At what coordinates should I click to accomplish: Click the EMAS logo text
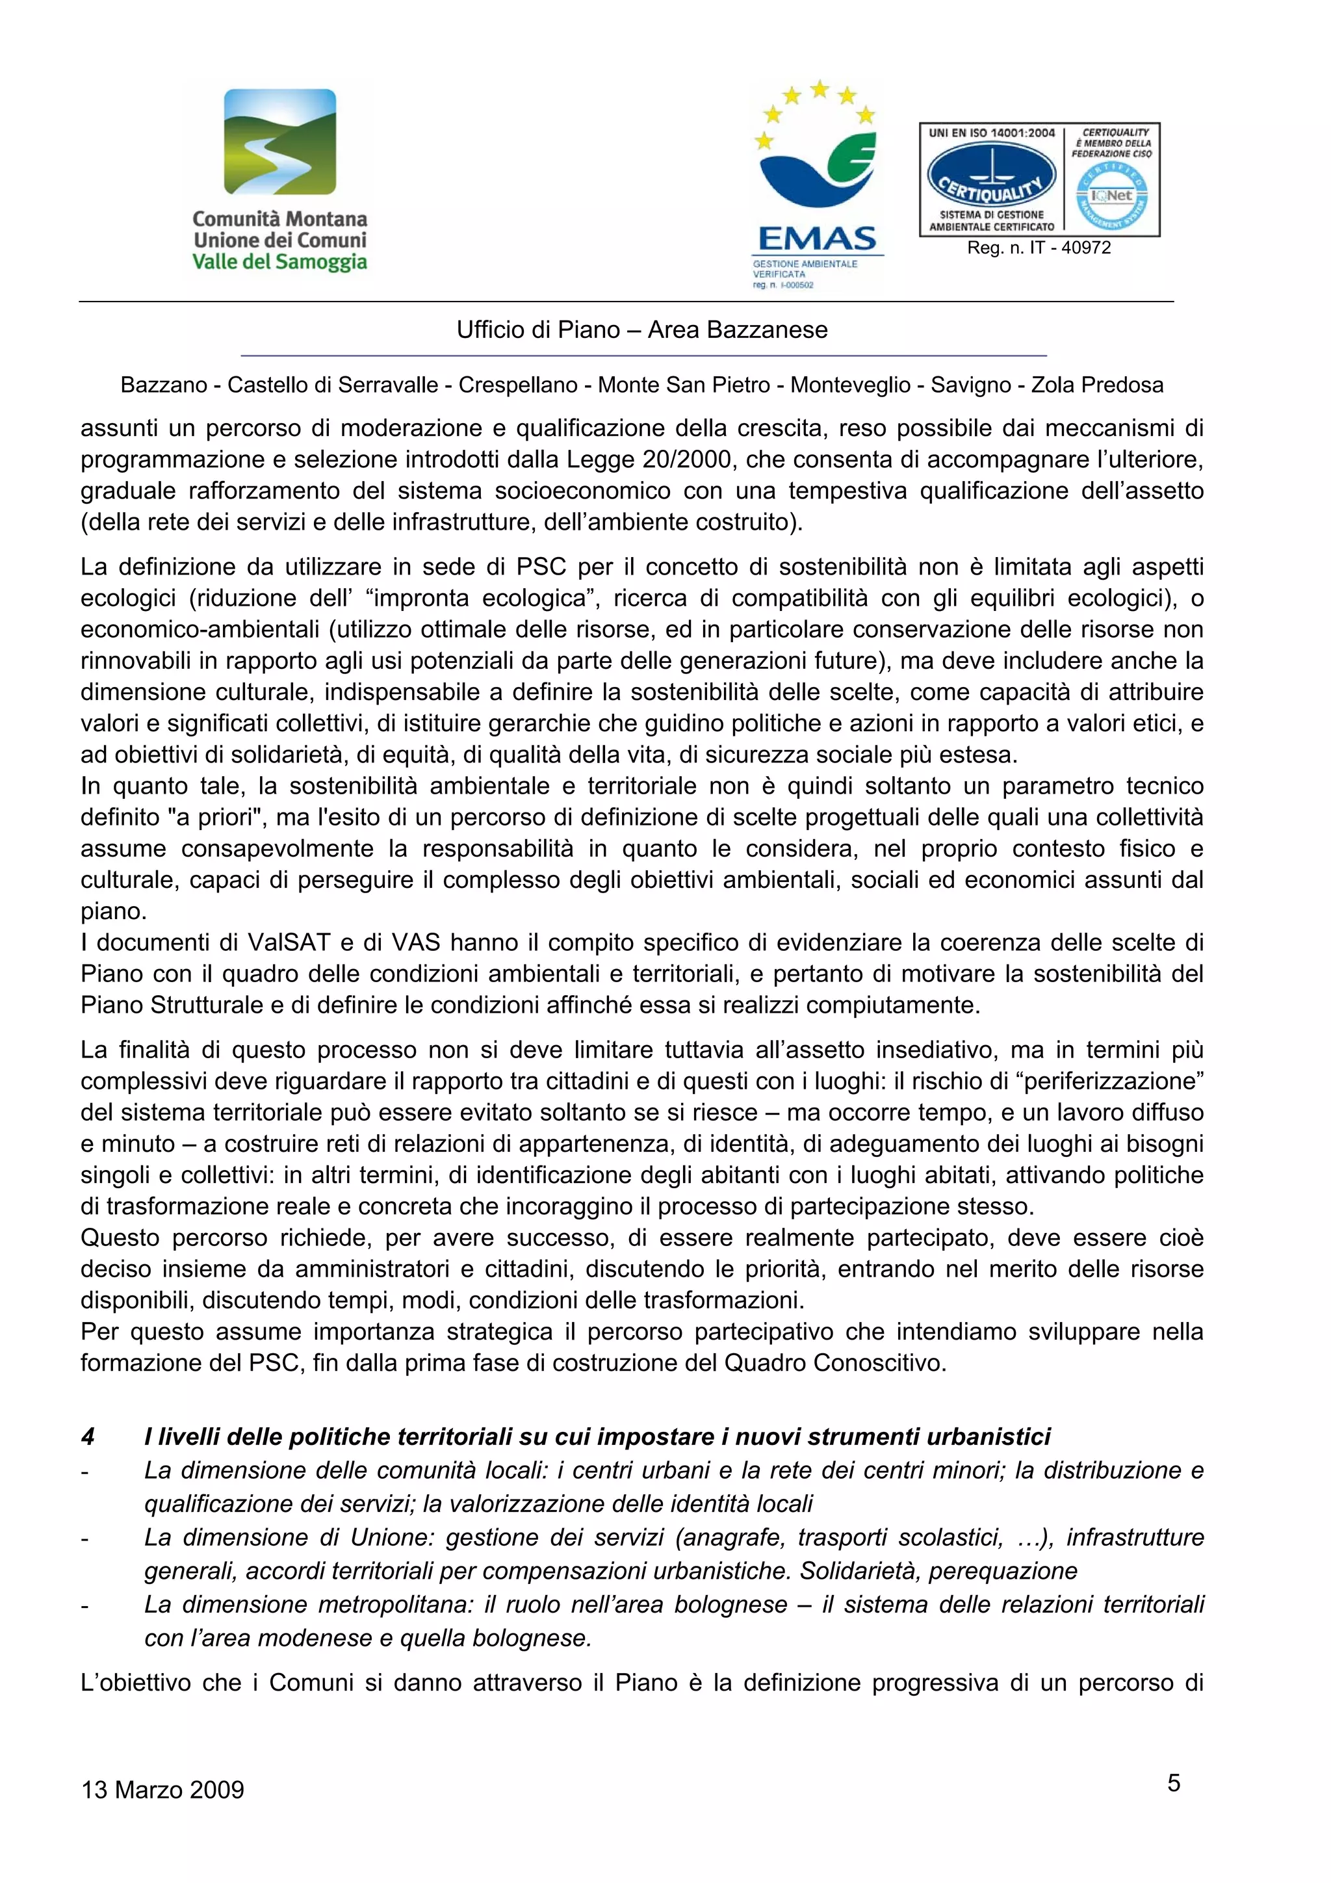pyautogui.click(x=817, y=239)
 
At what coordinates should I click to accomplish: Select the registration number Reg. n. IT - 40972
pyautogui.click(x=1039, y=248)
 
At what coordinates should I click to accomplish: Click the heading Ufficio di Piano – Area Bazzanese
pyautogui.click(x=642, y=330)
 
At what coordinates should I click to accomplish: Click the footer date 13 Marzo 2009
pyautogui.click(x=162, y=1789)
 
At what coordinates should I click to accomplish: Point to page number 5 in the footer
pyautogui.click(x=1174, y=1782)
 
